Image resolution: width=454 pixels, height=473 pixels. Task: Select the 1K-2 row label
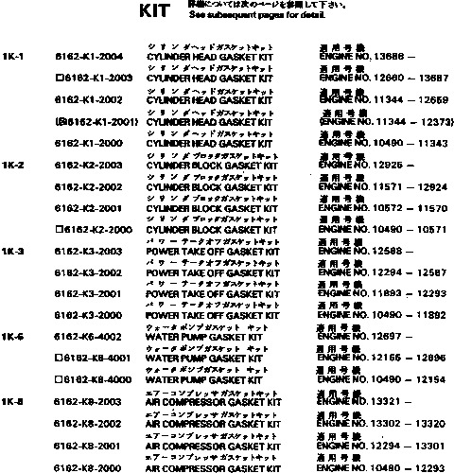13,165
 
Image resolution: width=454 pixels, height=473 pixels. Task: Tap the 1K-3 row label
13,251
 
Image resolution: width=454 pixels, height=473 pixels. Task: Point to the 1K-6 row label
13,337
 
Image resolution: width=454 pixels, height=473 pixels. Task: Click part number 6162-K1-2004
89,57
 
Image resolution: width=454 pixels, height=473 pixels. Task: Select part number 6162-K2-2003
89,165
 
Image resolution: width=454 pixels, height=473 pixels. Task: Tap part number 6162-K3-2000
89,315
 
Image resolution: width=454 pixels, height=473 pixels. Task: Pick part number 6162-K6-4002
89,337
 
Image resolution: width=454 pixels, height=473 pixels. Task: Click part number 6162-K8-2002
89,424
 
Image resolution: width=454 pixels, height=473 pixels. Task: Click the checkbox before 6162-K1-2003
61,79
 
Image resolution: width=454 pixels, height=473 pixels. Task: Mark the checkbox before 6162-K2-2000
61,229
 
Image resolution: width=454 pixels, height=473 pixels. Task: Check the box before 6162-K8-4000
61,379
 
